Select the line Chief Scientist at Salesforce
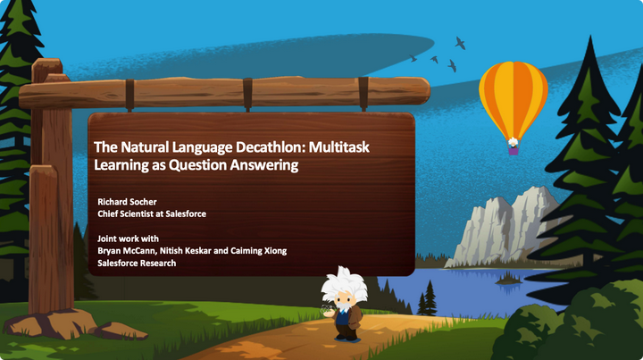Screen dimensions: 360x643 pyautogui.click(x=149, y=213)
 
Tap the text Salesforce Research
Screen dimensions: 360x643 pyautogui.click(x=137, y=264)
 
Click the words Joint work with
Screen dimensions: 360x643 pyautogui.click(x=134, y=239)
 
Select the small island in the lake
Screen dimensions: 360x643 pyautogui.click(x=509, y=280)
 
